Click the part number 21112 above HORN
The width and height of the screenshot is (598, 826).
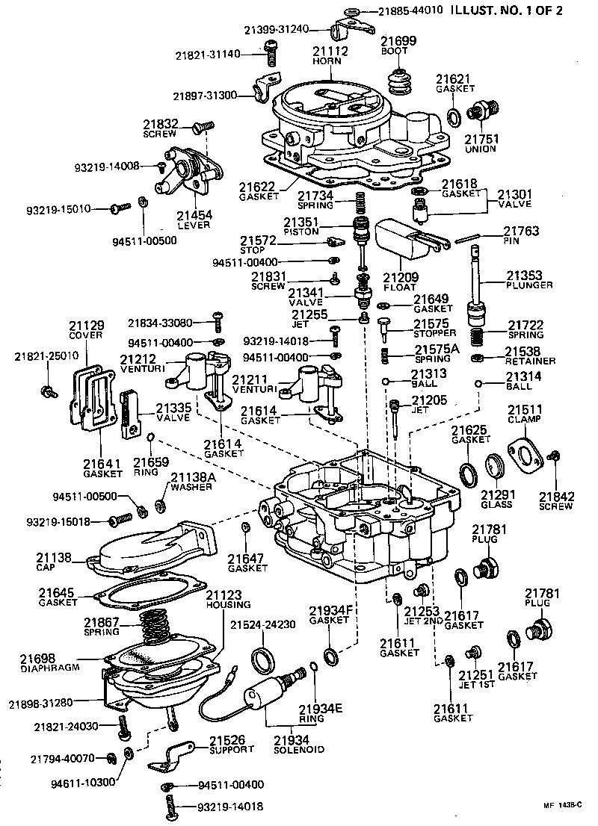pos(326,51)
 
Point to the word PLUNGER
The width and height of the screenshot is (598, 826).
pos(528,285)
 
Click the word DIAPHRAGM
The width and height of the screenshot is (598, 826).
pos(46,668)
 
